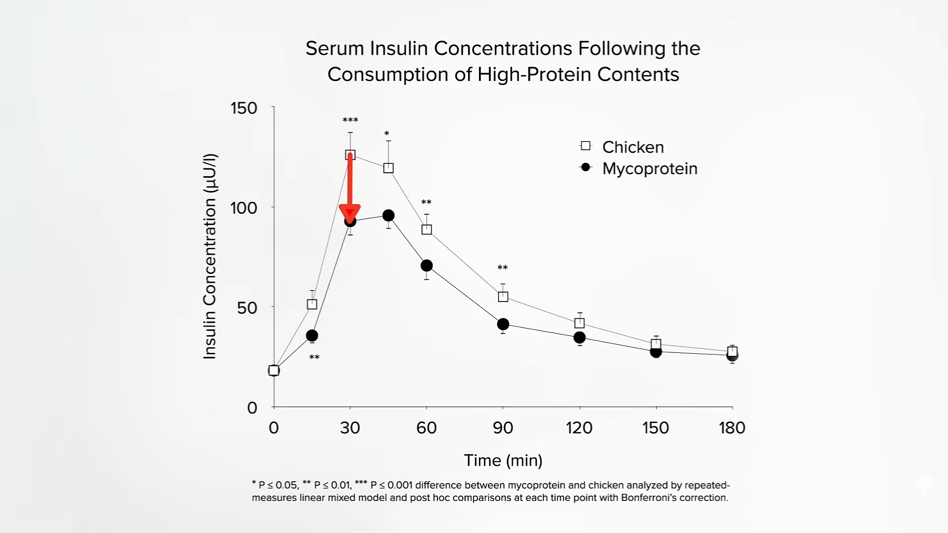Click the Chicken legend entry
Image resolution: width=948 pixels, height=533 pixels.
(632, 147)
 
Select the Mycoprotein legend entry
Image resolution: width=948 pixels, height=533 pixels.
(649, 169)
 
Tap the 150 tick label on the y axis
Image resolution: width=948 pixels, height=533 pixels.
(244, 108)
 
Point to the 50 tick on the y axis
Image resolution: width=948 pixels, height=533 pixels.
(247, 308)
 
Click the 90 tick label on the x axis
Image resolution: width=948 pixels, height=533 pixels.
(503, 427)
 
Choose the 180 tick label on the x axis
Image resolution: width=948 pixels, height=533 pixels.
(732, 427)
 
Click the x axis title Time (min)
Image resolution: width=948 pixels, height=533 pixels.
(503, 460)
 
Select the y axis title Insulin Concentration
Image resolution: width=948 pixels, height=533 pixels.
(210, 257)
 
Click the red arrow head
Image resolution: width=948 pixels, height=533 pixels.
(350, 213)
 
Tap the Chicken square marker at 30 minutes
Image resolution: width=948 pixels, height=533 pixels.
(350, 155)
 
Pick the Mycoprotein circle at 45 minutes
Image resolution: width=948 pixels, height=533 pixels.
(389, 216)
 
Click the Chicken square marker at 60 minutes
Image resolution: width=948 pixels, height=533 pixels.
(427, 229)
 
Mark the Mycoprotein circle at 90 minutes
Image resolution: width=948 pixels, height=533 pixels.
(503, 324)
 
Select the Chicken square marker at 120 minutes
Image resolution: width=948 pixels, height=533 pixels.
(580, 323)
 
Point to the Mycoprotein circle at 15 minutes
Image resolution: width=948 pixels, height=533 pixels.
(312, 336)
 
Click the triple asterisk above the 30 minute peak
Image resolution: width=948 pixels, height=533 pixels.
(350, 120)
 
